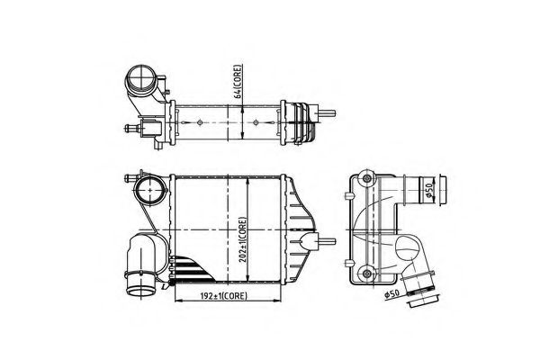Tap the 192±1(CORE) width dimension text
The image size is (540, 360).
tap(219, 294)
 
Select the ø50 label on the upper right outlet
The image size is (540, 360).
tap(431, 191)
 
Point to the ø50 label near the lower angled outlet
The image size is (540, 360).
tap(393, 293)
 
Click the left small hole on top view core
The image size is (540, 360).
tap(183, 119)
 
